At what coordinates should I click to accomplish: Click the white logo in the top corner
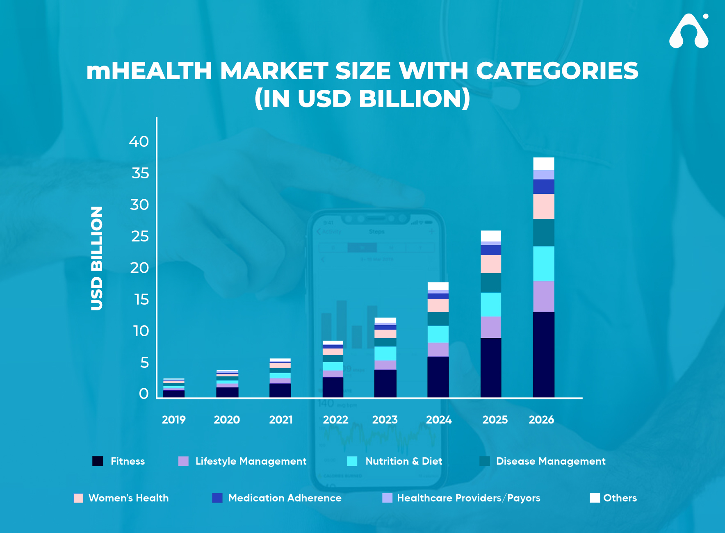pos(689,32)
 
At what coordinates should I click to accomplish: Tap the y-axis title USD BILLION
pos(97,258)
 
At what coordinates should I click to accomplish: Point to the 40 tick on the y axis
pos(139,141)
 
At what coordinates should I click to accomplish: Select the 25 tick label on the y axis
pos(139,236)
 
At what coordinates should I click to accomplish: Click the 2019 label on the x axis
pos(173,419)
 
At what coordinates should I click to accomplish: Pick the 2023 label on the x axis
pos(385,419)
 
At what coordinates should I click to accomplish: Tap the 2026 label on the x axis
pos(541,419)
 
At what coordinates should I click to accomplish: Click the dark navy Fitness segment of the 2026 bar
pos(543,355)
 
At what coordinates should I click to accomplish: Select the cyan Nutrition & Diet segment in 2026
pos(543,264)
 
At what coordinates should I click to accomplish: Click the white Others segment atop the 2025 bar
pos(490,236)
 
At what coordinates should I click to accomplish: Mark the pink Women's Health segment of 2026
pos(543,206)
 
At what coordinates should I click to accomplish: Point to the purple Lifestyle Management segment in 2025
pos(490,327)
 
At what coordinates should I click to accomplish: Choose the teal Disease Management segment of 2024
pos(438,319)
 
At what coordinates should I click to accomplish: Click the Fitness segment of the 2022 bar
pos(333,387)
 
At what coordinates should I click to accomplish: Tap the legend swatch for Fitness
pos(98,461)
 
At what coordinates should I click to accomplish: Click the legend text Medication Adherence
pos(285,498)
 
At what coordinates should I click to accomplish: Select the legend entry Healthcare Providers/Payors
pos(468,498)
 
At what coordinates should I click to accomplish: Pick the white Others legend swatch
pos(595,498)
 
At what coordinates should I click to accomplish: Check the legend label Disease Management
pos(550,461)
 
